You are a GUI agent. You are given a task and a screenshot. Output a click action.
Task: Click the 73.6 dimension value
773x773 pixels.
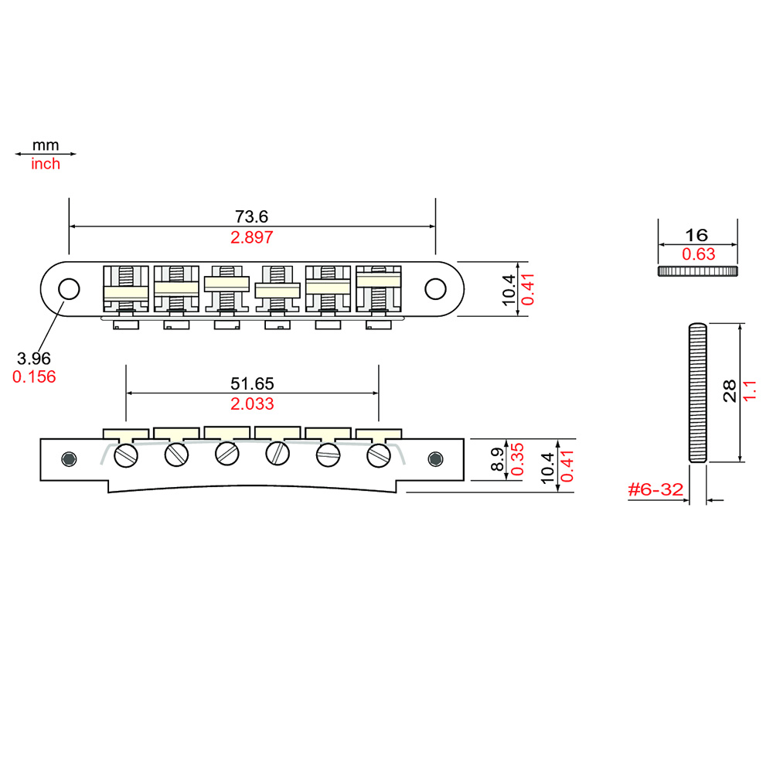pos(251,216)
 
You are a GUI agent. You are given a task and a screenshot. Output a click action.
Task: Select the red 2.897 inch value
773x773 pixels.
pos(251,237)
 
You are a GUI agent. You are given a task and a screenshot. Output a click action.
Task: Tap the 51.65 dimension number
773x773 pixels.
pos(252,383)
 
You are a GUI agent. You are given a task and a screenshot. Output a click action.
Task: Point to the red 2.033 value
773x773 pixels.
pos(252,404)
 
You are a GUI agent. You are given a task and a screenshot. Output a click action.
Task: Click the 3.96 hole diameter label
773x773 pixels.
pos(33,359)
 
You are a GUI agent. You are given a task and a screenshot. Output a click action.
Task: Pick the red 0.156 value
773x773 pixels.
pos(34,377)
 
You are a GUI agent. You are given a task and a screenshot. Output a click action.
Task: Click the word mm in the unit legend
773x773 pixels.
pos(46,145)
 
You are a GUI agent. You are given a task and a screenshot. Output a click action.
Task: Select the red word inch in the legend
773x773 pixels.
pos(46,164)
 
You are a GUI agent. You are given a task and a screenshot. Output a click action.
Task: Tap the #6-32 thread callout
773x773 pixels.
pos(656,489)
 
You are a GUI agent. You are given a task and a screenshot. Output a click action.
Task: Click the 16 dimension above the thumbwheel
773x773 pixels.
pos(696,235)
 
